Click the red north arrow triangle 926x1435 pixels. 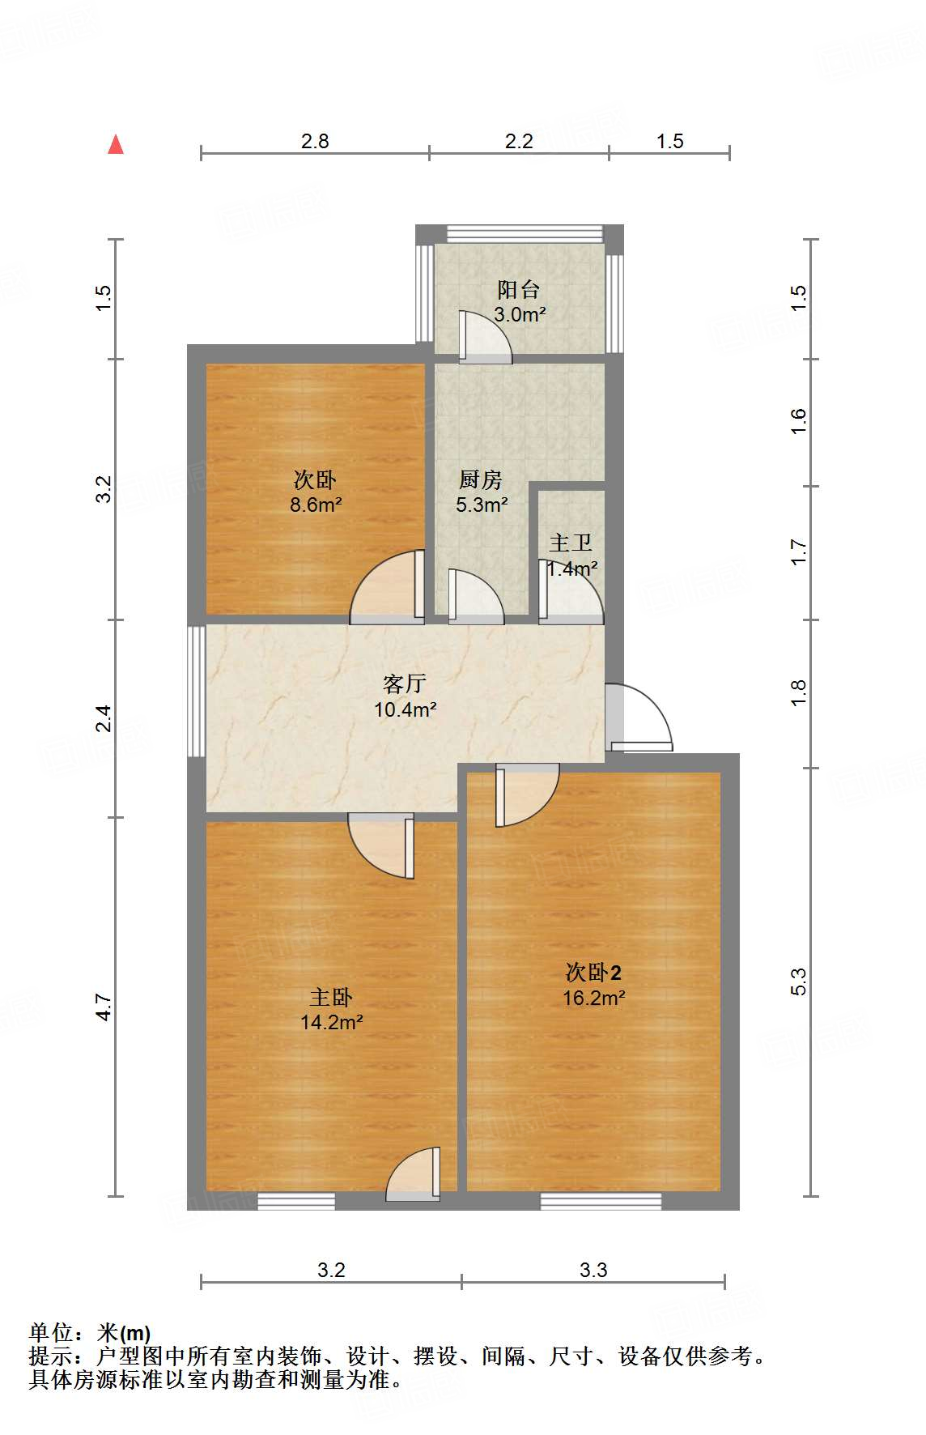pyautogui.click(x=116, y=144)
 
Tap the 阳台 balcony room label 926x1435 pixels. pyautogui.click(x=519, y=289)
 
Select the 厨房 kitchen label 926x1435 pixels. pyautogui.click(x=481, y=479)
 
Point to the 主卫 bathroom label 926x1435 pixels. pyautogui.click(x=571, y=543)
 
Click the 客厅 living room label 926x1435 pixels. pyautogui.click(x=405, y=683)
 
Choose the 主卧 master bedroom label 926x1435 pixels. pyautogui.click(x=331, y=997)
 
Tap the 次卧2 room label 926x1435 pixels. pyautogui.click(x=593, y=972)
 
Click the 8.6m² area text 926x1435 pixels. pyautogui.click(x=316, y=505)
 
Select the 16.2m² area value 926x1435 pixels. pyautogui.click(x=593, y=998)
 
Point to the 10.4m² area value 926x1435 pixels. pyautogui.click(x=405, y=710)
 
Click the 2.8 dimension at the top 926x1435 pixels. pyautogui.click(x=315, y=142)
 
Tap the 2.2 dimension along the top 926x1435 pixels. pyautogui.click(x=519, y=142)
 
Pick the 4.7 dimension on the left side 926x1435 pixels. pyautogui.click(x=104, y=1007)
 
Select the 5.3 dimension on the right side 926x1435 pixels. pyautogui.click(x=798, y=982)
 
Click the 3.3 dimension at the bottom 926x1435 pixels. pyautogui.click(x=593, y=1270)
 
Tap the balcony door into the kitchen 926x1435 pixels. pyautogui.click(x=484, y=336)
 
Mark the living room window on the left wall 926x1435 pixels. pyautogui.click(x=196, y=691)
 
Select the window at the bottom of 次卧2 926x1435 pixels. pyautogui.click(x=601, y=1202)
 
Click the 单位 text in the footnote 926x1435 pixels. pyautogui.click(x=51, y=1333)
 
